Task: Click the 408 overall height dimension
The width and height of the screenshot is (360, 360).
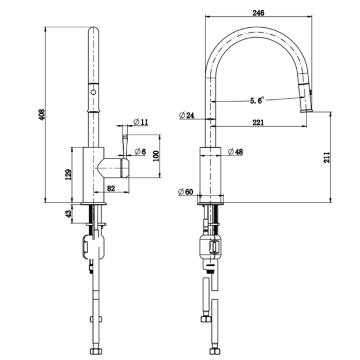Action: [x=42, y=115]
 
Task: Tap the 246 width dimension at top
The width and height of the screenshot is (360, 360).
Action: [x=258, y=13]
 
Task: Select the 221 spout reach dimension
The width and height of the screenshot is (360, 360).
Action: [x=258, y=123]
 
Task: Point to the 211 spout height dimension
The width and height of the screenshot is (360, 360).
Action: [x=326, y=157]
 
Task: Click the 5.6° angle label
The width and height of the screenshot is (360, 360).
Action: [x=257, y=100]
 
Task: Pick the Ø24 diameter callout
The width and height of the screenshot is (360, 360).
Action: [x=186, y=115]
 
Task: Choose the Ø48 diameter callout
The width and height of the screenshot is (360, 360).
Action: [x=235, y=152]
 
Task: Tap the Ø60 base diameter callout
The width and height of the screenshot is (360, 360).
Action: [x=186, y=192]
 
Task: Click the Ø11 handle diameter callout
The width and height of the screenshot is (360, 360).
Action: [x=141, y=122]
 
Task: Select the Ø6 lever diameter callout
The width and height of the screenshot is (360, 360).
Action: [x=140, y=152]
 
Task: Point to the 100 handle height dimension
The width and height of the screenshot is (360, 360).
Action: [x=156, y=156]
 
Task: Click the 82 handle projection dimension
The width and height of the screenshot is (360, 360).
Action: [x=111, y=189]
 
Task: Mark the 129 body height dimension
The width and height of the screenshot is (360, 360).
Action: [x=68, y=175]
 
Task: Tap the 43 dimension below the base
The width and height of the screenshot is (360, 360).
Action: [x=69, y=214]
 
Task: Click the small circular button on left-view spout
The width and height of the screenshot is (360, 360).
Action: [x=93, y=92]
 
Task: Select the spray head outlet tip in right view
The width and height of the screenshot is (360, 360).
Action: [x=307, y=111]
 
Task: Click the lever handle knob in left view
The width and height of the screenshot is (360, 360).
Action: [x=125, y=137]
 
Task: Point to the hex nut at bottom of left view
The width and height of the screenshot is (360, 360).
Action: [x=96, y=351]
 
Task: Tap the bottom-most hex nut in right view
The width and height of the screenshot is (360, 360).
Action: [x=215, y=351]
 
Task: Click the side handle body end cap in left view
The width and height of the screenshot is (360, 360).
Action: [x=125, y=168]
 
